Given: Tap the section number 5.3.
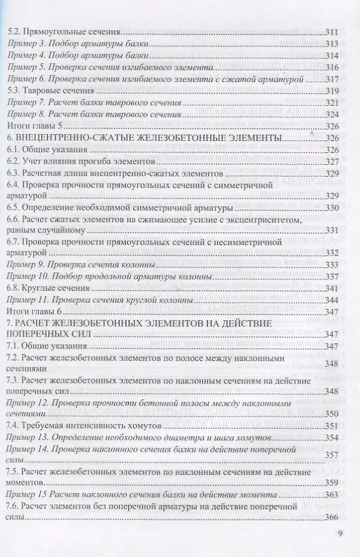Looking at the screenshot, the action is tap(13, 91).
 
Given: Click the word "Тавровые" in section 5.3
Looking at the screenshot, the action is tap(41, 91).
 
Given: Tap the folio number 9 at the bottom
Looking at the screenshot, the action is tap(339, 536).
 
